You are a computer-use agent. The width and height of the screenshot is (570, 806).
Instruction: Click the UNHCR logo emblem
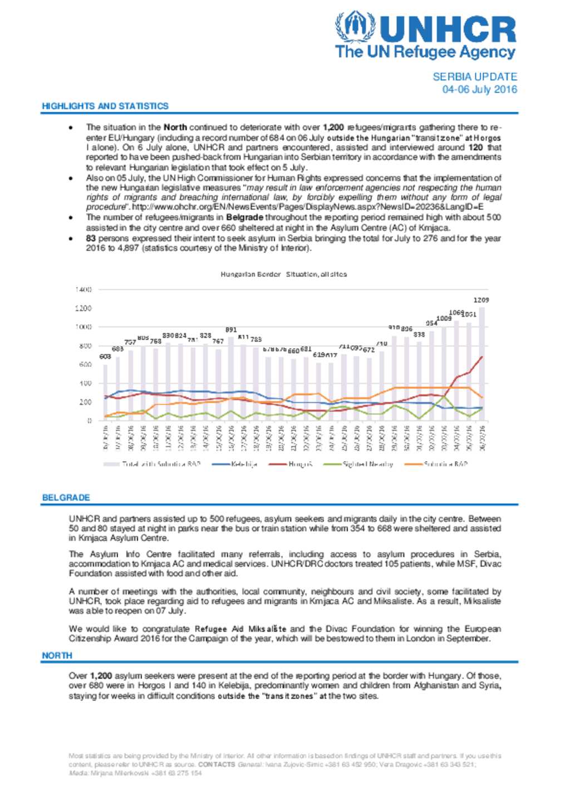[355, 27]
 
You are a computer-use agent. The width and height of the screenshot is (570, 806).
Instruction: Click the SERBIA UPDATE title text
[474, 77]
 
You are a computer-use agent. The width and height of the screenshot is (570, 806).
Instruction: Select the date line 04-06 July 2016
[479, 89]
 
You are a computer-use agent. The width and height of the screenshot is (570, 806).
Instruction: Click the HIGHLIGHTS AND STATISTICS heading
[105, 106]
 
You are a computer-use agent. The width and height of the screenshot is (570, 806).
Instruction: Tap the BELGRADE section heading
[66, 497]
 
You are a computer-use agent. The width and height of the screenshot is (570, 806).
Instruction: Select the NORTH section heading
[57, 655]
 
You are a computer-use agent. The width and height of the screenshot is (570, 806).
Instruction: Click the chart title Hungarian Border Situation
[283, 274]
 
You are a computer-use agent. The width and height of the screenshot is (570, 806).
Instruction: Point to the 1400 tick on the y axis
[83, 290]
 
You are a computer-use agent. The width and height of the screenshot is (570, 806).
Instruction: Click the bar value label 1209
[481, 300]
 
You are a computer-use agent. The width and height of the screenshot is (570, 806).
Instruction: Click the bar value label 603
[105, 357]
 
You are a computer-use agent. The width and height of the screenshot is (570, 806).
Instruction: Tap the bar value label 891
[231, 330]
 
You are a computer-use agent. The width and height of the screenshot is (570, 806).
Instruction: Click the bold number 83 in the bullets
[91, 239]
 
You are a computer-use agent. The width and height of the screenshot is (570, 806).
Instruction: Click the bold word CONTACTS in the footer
[217, 764]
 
